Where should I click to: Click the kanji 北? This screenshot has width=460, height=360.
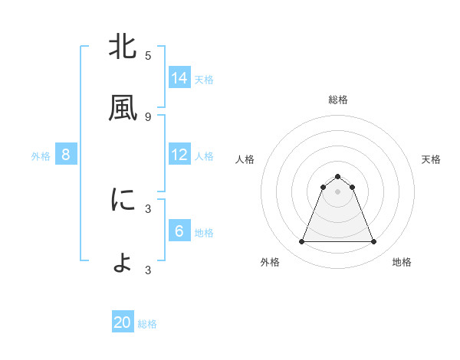(x=123, y=47)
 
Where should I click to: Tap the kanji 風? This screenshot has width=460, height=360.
(x=123, y=109)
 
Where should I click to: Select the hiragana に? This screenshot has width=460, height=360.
(x=123, y=200)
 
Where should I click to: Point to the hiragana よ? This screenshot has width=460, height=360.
(x=123, y=262)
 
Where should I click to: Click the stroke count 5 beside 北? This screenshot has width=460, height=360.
(x=148, y=55)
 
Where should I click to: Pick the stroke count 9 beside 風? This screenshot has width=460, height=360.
(x=148, y=116)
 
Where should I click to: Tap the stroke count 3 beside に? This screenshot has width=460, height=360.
(x=148, y=208)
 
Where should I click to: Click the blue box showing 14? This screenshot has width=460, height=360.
(x=179, y=78)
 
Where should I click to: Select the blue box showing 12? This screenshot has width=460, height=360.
(x=179, y=155)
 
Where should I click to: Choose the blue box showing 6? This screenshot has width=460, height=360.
(x=179, y=231)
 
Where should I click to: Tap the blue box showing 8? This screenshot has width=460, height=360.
(x=66, y=155)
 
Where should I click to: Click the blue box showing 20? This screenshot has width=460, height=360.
(x=123, y=322)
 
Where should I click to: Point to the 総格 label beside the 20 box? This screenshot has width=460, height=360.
(x=147, y=324)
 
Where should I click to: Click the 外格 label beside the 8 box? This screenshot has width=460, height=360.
(x=41, y=156)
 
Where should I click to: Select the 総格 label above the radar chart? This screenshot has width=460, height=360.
(x=337, y=100)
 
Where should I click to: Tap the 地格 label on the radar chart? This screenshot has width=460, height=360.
(x=402, y=262)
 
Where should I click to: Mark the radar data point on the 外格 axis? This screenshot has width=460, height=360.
(x=301, y=242)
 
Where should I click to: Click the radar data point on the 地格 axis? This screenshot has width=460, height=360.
(x=373, y=242)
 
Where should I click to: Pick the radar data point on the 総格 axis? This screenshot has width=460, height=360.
(x=337, y=176)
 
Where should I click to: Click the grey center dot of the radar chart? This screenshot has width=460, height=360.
(x=337, y=191)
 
